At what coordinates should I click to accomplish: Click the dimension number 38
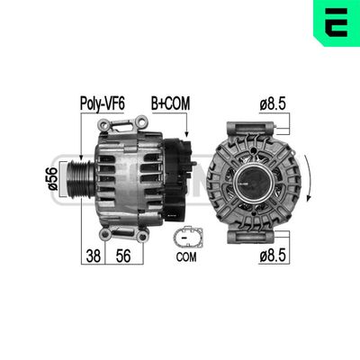(92, 256)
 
